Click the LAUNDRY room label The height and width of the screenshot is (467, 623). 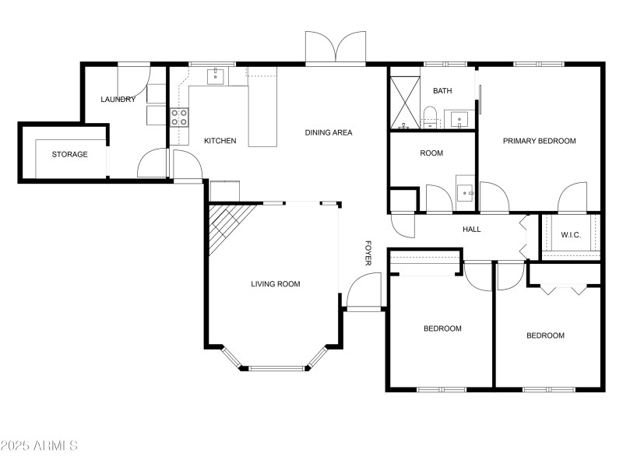(118, 100)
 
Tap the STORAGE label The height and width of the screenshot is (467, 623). (70, 154)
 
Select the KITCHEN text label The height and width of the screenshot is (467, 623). (220, 141)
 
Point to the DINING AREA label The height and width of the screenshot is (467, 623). (329, 132)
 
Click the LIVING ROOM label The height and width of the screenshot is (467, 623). (276, 284)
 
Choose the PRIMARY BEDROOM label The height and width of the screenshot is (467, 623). (539, 141)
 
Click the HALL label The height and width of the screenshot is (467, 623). (472, 230)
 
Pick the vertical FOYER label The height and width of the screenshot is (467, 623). (368, 253)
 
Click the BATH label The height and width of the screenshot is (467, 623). (442, 91)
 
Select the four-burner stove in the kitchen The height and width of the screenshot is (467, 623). (179, 118)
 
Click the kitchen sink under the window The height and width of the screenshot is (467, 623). (216, 76)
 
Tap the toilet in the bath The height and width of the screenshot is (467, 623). (429, 118)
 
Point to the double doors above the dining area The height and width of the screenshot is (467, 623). (335, 48)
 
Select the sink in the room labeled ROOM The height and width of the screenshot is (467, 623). (466, 189)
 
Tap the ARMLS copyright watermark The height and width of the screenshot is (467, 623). (39, 446)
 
